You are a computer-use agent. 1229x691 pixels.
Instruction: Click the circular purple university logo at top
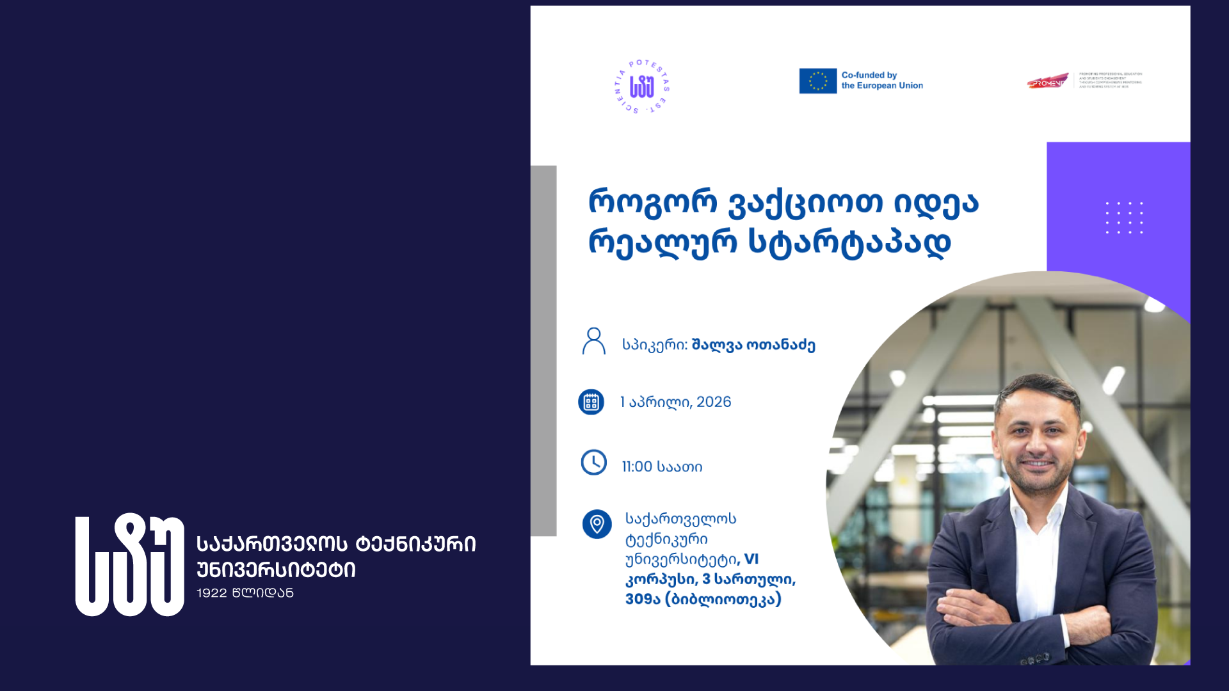[641, 87]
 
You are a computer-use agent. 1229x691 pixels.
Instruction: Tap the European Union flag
[817, 81]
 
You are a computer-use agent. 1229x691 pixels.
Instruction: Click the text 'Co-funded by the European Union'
[881, 81]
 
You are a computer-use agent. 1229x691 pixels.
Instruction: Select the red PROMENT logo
[1047, 82]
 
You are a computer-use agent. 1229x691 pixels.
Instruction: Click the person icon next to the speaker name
[593, 341]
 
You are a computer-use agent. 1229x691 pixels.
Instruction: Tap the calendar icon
[591, 402]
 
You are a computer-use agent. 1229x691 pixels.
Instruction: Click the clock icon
[593, 462]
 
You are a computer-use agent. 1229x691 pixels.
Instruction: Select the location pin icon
[597, 524]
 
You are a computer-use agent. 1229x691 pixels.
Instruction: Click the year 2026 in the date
[713, 402]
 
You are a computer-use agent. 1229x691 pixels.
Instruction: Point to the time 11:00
[637, 467]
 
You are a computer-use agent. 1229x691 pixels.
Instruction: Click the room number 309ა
[642, 600]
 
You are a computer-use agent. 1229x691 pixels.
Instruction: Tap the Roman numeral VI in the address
[751, 559]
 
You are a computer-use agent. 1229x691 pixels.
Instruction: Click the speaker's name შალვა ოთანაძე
[753, 345]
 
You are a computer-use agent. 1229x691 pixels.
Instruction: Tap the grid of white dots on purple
[1124, 218]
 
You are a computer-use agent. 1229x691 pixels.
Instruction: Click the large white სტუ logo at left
[130, 564]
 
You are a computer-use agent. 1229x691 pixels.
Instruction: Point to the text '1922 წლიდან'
[245, 593]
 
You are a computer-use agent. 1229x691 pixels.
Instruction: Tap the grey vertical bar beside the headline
[543, 351]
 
